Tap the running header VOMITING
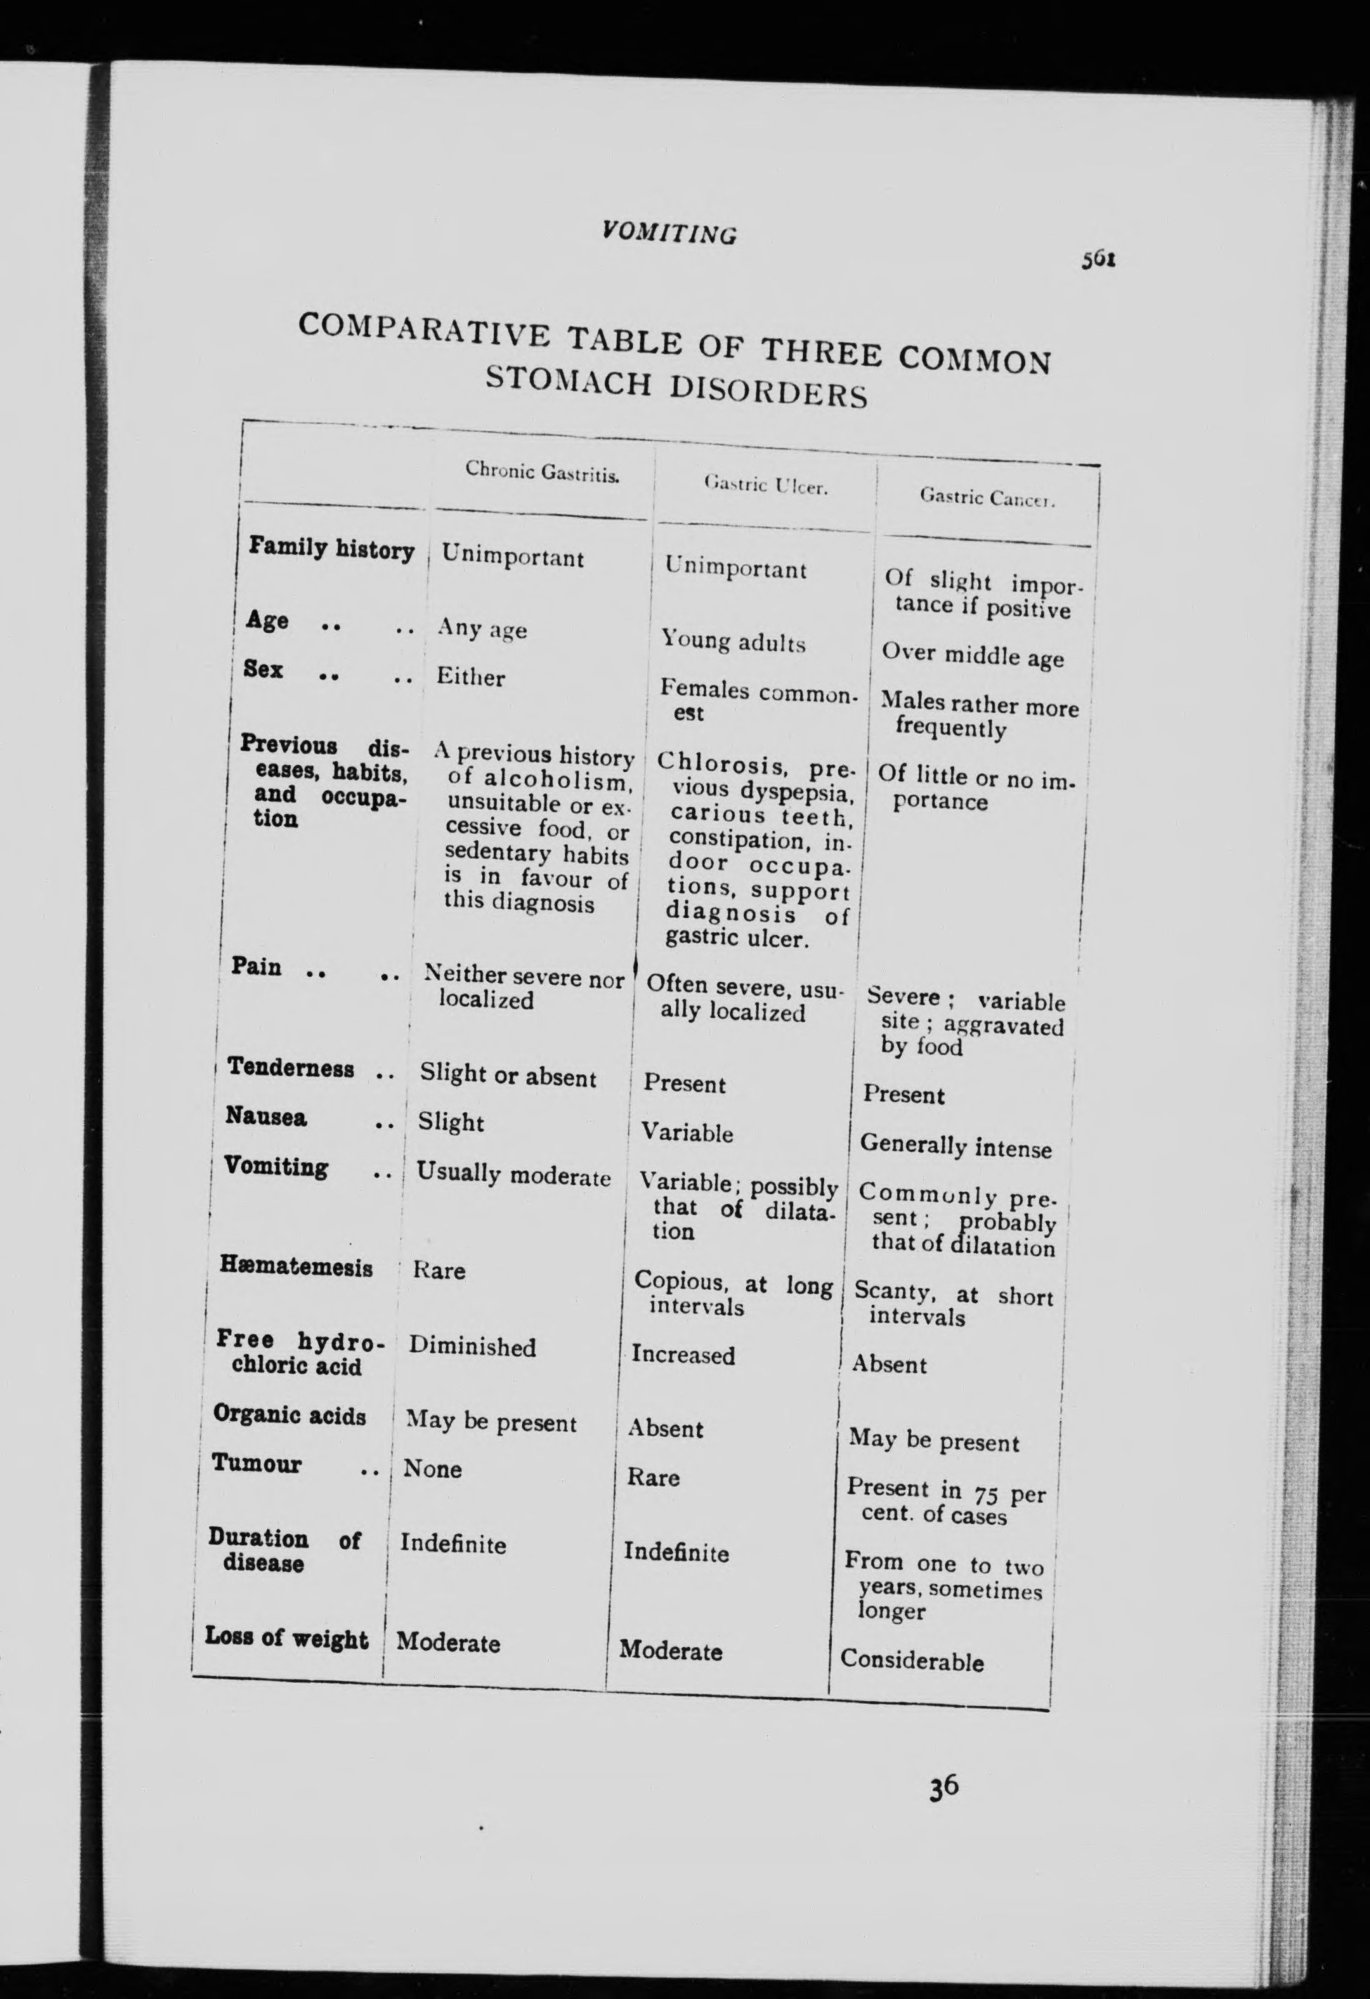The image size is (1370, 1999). (x=669, y=232)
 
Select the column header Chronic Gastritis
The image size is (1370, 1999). (x=542, y=471)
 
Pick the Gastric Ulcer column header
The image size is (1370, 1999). (x=765, y=486)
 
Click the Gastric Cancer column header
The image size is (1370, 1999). (x=987, y=498)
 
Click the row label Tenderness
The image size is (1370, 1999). (x=291, y=1068)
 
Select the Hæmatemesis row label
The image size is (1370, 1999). (x=296, y=1266)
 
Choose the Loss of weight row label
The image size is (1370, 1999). (x=287, y=1638)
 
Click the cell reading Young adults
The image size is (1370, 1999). (x=733, y=642)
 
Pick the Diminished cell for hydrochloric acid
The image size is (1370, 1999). (x=471, y=1346)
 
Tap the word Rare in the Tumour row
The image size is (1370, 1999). (x=653, y=1477)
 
